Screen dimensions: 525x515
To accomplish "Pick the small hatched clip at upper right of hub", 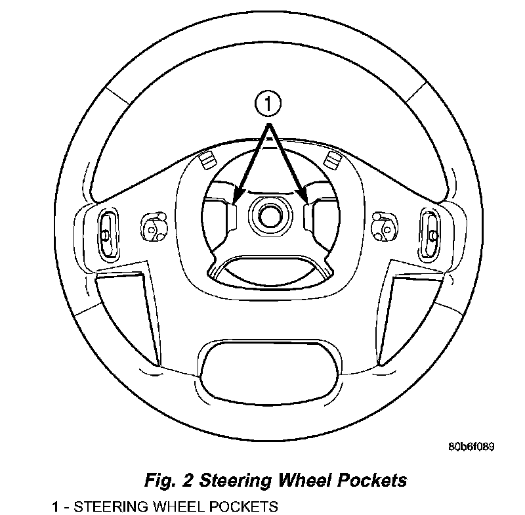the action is [x=331, y=158].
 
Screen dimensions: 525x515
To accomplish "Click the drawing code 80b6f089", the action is [x=471, y=447].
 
